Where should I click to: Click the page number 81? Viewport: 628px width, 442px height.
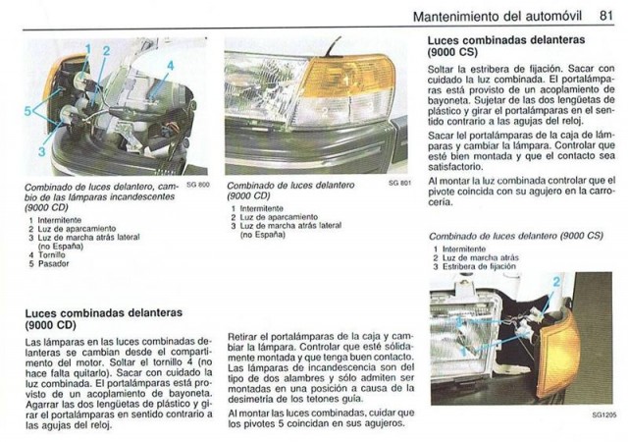coord(606,16)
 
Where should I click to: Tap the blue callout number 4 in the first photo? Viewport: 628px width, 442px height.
coord(171,66)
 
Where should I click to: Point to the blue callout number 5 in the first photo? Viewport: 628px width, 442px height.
coord(27,111)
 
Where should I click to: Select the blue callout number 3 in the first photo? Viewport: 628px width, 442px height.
coord(41,151)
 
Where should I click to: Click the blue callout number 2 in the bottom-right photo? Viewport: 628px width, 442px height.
coord(556,282)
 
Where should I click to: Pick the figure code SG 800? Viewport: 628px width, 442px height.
coord(198,185)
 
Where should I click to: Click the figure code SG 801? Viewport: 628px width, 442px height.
coord(399,183)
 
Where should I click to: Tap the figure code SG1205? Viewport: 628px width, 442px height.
coord(603,415)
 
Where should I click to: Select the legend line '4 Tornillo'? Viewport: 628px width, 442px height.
coord(47,254)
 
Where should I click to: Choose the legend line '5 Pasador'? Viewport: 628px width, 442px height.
coord(49,263)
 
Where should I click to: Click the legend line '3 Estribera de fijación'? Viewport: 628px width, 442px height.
coord(475,266)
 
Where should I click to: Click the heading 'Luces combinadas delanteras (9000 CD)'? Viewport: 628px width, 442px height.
coord(104,318)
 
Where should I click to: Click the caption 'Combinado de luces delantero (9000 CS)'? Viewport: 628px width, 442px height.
coord(516,236)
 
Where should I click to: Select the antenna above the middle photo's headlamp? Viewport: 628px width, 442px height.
coord(333,46)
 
